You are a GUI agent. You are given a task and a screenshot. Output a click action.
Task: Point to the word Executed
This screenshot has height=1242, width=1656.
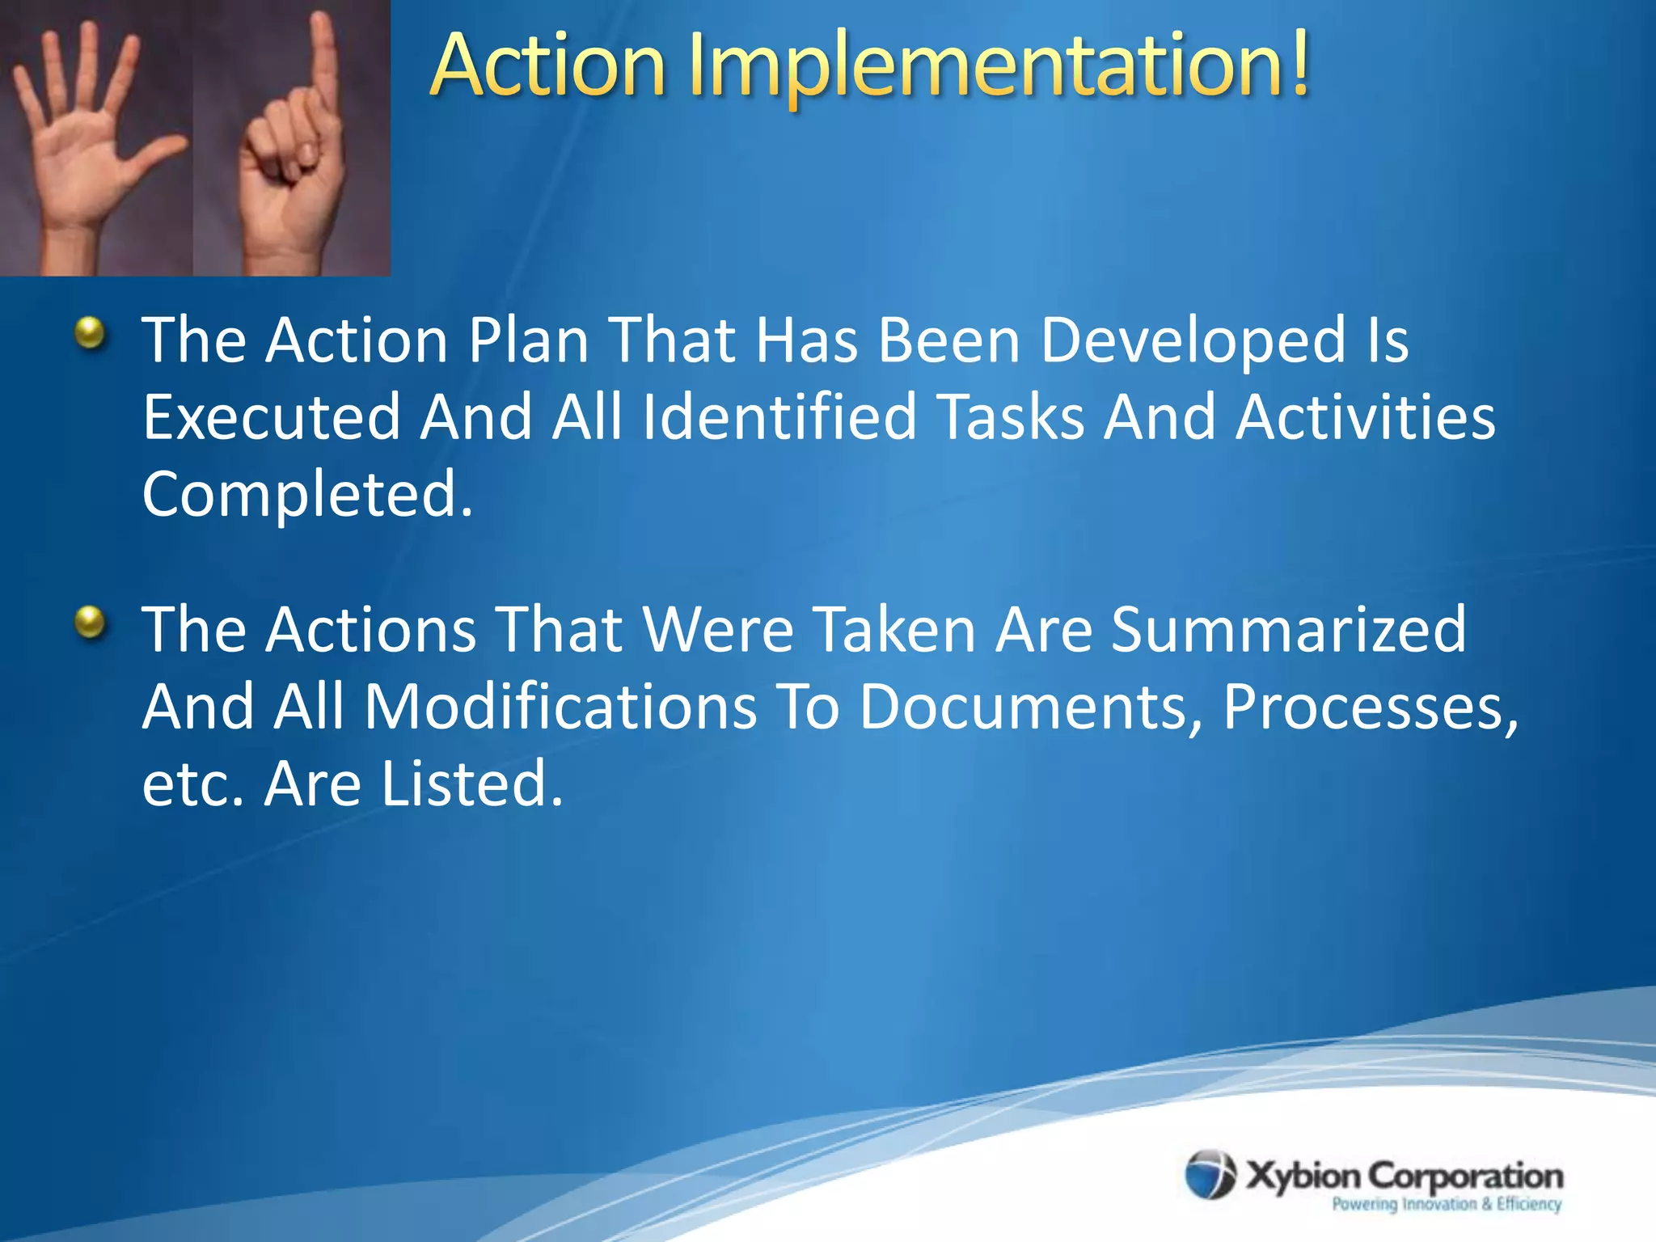pyautogui.click(x=272, y=417)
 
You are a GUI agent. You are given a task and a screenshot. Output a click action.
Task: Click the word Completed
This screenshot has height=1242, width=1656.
pyautogui.click(x=306, y=495)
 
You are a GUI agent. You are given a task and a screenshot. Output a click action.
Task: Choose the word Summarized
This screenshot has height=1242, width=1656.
pyautogui.click(x=1288, y=630)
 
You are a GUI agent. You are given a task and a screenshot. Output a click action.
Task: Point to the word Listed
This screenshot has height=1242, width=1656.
pyautogui.click(x=471, y=784)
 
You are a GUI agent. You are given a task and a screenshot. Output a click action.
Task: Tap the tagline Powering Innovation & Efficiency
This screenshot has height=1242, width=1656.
pyautogui.click(x=1446, y=1204)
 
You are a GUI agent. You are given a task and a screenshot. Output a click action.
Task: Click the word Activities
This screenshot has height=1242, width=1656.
pyautogui.click(x=1366, y=417)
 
